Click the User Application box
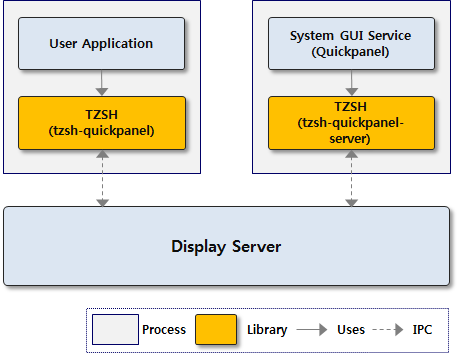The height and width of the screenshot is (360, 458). pos(101,43)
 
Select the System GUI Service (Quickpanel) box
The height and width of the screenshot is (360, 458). pos(350,43)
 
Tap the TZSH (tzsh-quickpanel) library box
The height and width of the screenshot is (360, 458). pos(101,122)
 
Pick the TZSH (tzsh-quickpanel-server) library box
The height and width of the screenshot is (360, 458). pos(350,122)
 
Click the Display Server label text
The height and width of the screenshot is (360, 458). pos(226,246)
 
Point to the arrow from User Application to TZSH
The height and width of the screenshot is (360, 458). pos(101,83)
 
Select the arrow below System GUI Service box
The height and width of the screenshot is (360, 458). pos(350,83)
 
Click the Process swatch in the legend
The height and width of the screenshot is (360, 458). pos(114,329)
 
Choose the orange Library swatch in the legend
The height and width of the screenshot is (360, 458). pos(215,329)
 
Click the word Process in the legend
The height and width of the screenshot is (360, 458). pos(164,330)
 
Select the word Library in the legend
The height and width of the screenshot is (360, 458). pos(266,330)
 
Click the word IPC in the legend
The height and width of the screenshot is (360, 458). pos(425,330)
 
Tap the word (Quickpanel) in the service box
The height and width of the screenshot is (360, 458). pos(350,51)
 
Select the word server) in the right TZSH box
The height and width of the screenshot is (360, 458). pos(350,139)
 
